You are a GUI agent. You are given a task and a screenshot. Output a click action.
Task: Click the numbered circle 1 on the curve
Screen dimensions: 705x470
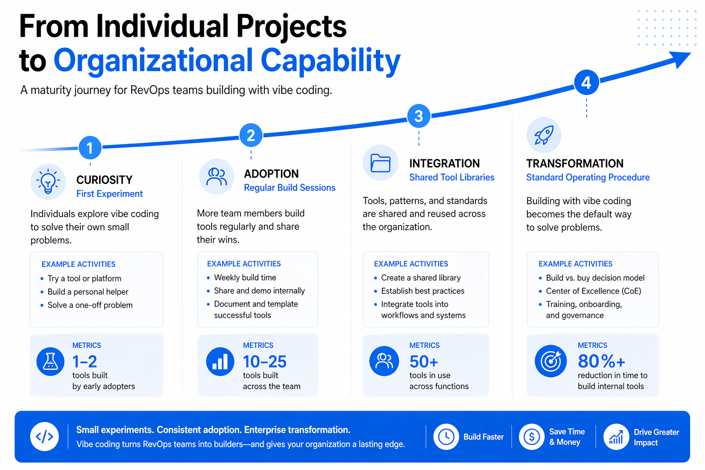[90, 148]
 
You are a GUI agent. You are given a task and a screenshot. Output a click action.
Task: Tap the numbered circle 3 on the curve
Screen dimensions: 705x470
[419, 116]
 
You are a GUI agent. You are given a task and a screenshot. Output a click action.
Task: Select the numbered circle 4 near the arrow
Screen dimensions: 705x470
[586, 83]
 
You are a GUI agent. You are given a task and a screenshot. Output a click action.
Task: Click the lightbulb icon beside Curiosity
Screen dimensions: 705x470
[48, 182]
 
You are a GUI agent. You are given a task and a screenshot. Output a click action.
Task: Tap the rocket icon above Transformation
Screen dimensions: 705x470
[544, 135]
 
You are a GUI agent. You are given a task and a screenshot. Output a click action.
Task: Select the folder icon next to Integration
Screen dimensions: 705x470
[380, 163]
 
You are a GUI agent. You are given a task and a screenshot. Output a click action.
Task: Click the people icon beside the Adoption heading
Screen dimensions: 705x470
[217, 176]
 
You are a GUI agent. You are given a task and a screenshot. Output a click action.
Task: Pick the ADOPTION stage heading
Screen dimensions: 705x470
[271, 174]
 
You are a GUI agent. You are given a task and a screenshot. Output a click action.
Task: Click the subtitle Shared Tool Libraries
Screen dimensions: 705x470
[452, 178]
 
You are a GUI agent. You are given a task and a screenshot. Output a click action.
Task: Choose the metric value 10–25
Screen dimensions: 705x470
[265, 362]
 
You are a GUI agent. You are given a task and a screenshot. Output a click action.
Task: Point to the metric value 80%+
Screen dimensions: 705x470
[601, 362]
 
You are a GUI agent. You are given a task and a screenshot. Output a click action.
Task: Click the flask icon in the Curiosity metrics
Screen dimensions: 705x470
[50, 362]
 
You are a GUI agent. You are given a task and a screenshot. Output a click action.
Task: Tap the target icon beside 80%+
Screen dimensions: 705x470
[551, 361]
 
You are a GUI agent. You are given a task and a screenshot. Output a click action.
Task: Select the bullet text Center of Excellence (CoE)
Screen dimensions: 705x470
[593, 291]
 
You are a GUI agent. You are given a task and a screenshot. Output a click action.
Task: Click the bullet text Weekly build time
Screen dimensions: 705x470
[245, 278]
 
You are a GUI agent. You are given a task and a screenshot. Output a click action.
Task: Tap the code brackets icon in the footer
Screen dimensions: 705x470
[45, 436]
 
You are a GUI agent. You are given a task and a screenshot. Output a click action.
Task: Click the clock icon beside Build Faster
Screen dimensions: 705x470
[446, 436]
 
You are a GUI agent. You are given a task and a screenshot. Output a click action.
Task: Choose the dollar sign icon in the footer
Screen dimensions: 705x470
[532, 436]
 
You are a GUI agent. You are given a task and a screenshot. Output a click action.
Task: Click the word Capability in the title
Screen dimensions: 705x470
[330, 61]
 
